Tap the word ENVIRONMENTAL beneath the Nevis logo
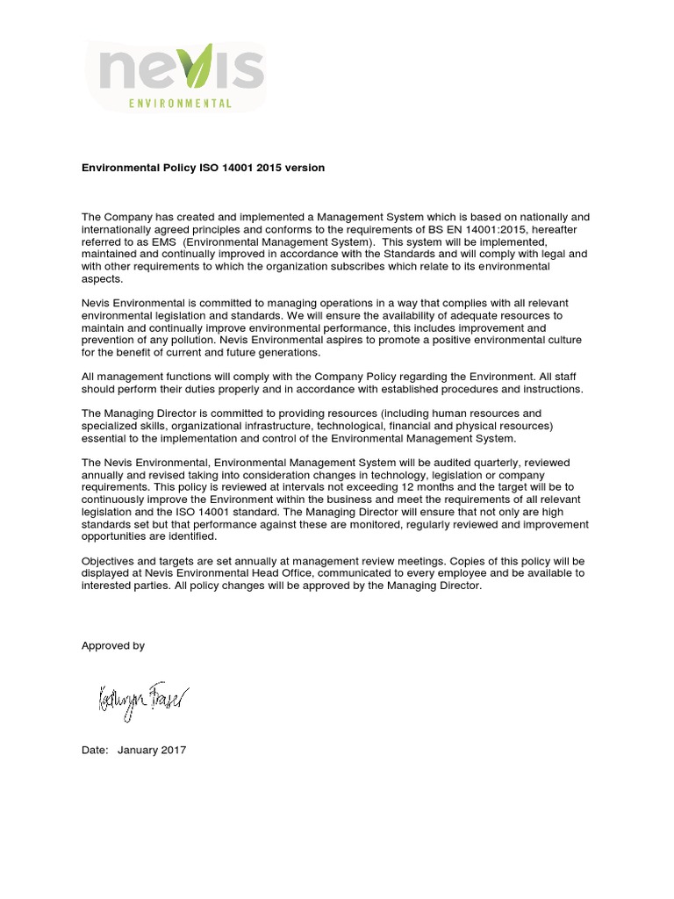click(180, 103)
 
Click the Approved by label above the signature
click(113, 645)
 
